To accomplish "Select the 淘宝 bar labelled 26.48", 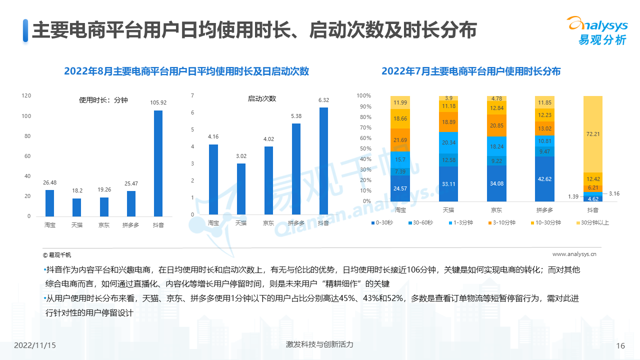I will click(x=49, y=203).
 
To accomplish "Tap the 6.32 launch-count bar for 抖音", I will click(x=323, y=161).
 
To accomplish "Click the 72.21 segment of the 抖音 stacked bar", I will click(x=592, y=134).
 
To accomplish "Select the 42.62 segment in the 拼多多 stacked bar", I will click(x=544, y=178).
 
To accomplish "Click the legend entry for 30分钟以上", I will click(x=595, y=222).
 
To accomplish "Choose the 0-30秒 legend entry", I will click(x=382, y=222).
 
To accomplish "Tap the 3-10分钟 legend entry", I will click(x=502, y=222).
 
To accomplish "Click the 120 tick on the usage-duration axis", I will click(x=26, y=95).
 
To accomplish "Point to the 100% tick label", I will click(x=363, y=95).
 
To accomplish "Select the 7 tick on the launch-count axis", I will click(x=192, y=95).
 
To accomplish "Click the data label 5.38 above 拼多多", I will click(x=296, y=115).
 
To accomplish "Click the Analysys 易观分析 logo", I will click(x=596, y=30).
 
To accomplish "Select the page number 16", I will click(x=620, y=345).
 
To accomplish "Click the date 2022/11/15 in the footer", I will click(x=35, y=345).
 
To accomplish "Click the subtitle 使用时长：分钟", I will click(x=103, y=100).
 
